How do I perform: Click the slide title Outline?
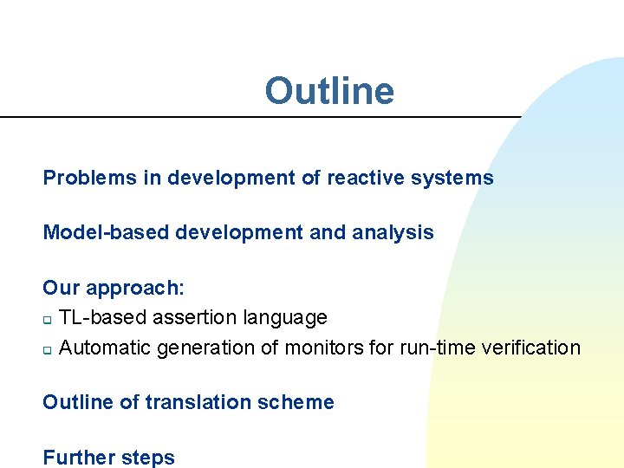click(328, 91)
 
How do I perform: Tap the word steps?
click(150, 458)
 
